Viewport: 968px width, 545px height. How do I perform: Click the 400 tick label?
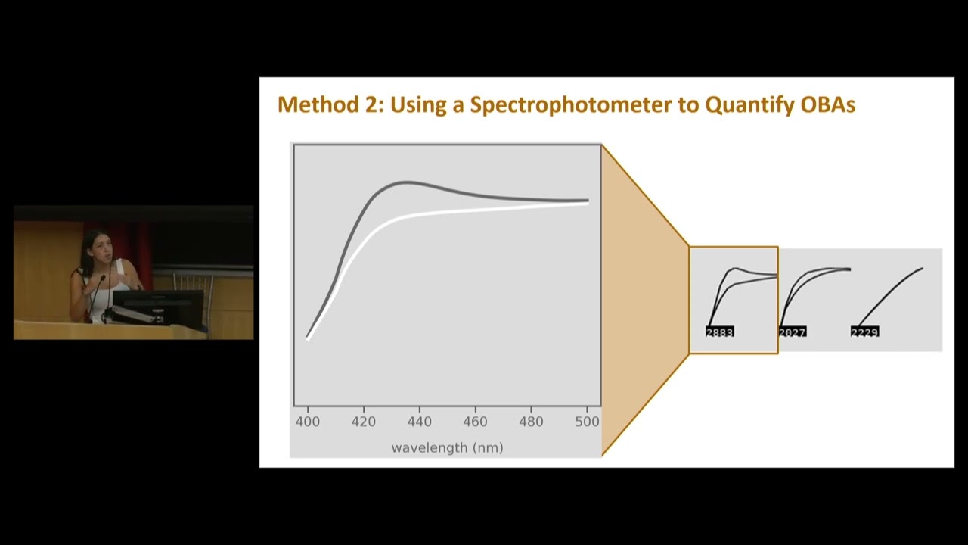coord(307,422)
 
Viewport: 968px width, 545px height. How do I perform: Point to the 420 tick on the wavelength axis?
coord(363,422)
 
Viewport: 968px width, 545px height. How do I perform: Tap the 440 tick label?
coord(419,422)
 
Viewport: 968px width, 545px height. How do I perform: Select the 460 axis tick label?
coord(475,422)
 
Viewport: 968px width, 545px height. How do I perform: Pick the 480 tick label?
coord(531,422)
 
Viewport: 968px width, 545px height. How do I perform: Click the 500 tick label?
coord(587,422)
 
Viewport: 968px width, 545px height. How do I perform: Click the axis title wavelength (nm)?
coord(447,447)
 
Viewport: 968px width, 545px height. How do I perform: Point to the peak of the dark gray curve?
coord(407,182)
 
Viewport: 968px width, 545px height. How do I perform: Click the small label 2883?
coord(720,332)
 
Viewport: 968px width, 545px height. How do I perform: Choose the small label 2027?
coord(793,332)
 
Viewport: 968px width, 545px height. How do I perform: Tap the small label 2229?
coord(864,332)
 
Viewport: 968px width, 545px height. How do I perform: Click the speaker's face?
coord(96,247)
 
